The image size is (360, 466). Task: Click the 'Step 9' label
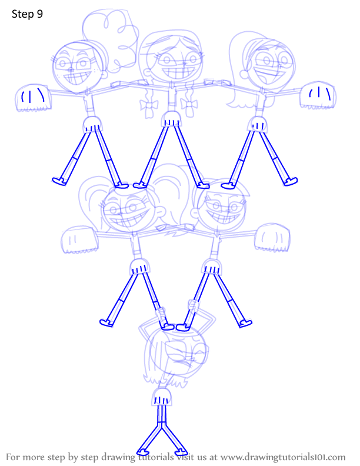tap(27, 14)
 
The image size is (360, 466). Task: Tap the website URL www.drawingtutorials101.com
tap(283, 457)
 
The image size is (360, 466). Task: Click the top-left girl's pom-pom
tap(34, 98)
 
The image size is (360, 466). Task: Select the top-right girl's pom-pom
tap(318, 95)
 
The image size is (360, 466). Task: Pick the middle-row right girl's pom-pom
tap(272, 238)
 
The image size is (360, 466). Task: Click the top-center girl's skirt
tap(171, 119)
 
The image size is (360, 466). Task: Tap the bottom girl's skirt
tap(162, 397)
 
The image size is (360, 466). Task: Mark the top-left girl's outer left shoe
tap(59, 181)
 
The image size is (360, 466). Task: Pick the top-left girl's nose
tap(71, 70)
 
